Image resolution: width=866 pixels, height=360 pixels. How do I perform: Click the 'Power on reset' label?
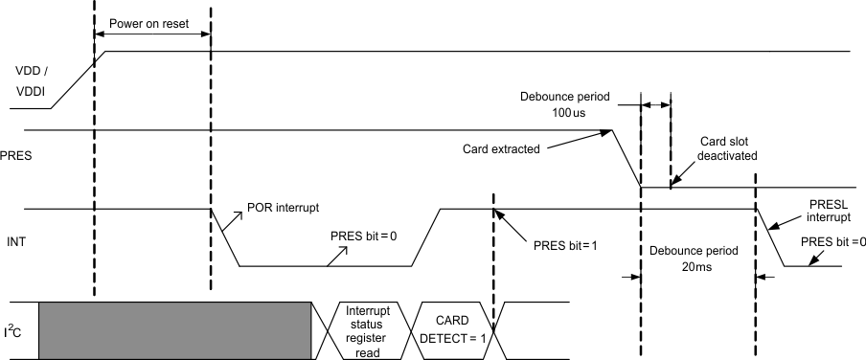[x=149, y=24]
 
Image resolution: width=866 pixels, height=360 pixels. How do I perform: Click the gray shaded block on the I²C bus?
[x=175, y=330]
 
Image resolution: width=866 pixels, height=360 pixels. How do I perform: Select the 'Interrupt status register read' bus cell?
[x=367, y=331]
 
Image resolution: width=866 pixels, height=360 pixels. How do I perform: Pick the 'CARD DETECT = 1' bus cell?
[x=451, y=330]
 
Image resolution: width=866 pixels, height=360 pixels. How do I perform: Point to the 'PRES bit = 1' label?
[x=565, y=245]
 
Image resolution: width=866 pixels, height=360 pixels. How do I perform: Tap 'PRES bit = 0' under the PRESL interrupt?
[x=833, y=241]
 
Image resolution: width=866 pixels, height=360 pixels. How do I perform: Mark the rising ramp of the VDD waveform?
[x=82, y=78]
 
